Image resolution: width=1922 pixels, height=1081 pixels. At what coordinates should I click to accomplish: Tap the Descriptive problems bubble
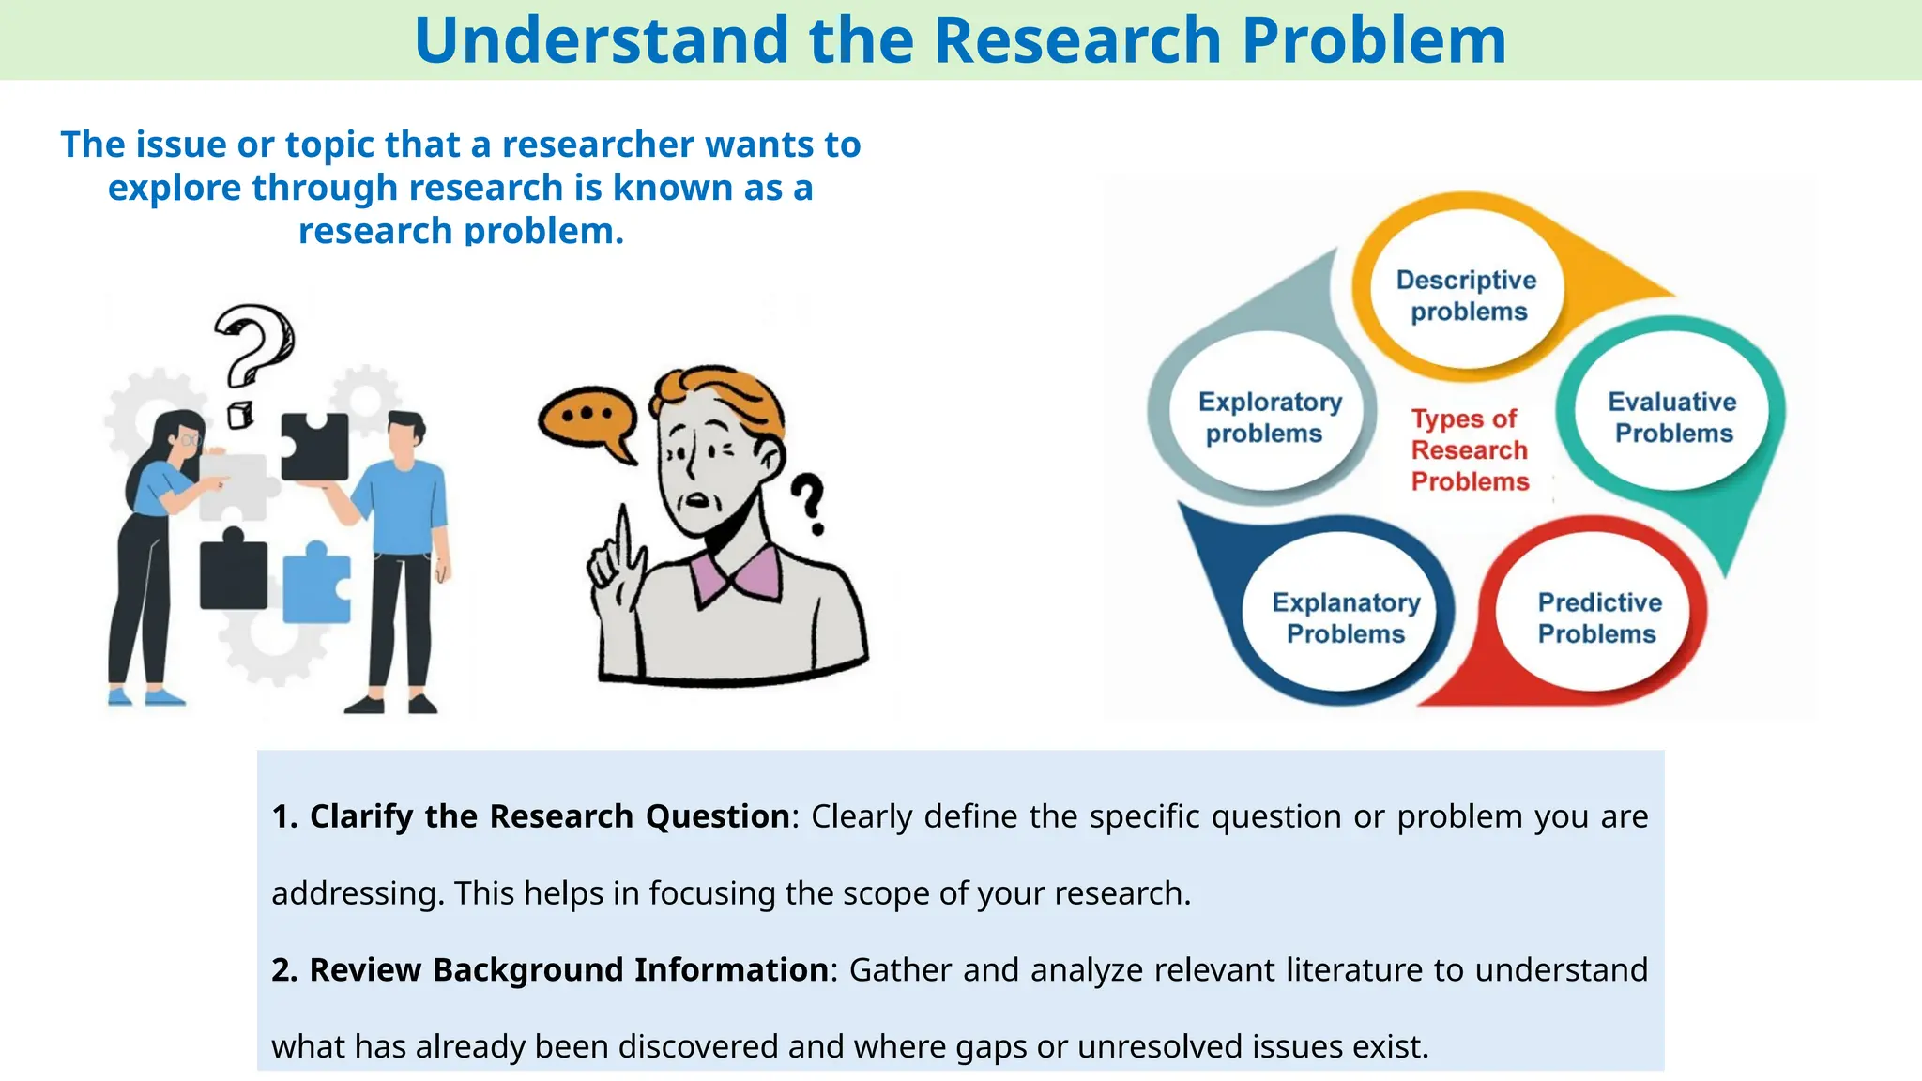point(1466,296)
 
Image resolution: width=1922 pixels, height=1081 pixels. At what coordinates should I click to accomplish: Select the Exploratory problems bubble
point(1268,418)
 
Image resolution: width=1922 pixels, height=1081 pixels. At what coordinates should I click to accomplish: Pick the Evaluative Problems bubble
point(1672,418)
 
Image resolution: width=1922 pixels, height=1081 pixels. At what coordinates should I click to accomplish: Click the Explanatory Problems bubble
point(1346,617)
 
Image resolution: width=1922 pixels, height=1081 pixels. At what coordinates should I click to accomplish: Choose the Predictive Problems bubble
point(1598,617)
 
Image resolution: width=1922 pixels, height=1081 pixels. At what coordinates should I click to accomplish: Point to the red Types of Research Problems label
point(1469,450)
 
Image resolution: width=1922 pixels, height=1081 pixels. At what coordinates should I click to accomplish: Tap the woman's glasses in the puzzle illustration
point(191,439)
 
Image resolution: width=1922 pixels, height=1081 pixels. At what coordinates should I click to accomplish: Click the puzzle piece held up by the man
point(315,446)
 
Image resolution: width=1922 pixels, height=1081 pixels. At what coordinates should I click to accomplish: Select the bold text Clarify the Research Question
point(549,816)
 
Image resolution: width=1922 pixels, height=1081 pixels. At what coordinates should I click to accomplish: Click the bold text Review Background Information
point(568,969)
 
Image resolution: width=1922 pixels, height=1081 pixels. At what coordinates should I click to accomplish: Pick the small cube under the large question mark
point(240,414)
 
